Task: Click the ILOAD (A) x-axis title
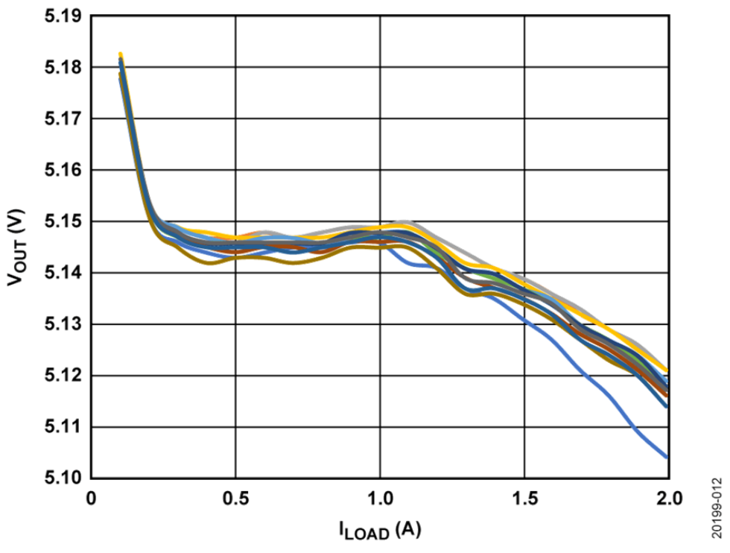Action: [380, 531]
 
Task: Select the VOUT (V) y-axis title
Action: [16, 247]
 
